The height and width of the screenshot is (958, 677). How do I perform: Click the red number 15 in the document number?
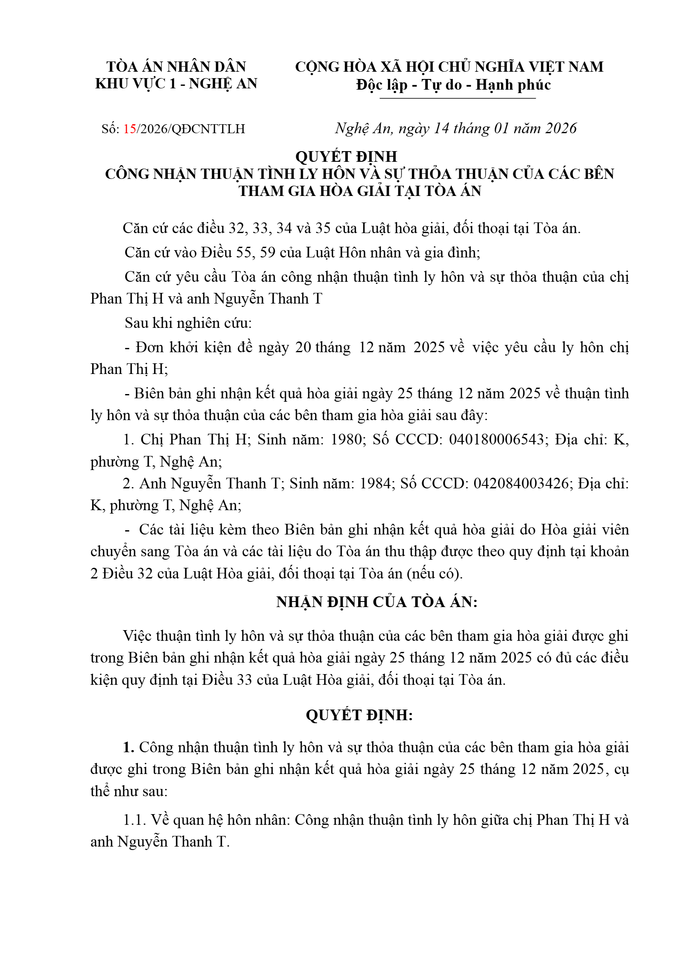130,129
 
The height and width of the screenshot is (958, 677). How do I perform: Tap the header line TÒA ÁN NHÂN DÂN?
176,67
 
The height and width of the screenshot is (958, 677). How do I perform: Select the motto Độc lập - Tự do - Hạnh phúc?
453,85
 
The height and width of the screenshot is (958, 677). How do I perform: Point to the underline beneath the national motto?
457,99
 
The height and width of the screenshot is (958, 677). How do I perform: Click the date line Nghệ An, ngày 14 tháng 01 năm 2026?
455,129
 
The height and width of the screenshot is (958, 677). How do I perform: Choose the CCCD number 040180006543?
496,440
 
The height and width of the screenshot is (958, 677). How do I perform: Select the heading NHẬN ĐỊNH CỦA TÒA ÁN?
376,602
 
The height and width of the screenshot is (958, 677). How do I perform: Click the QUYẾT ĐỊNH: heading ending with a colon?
359,715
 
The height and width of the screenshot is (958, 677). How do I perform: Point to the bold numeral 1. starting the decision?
129,748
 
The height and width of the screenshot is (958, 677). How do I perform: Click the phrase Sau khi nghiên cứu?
188,323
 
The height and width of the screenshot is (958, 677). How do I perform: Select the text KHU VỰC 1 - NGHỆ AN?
176,84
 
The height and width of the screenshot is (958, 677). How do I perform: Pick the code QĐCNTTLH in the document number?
208,129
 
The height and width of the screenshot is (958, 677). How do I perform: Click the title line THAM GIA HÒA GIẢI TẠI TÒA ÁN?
359,191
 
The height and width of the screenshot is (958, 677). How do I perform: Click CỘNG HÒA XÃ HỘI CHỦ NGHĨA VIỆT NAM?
449,67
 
